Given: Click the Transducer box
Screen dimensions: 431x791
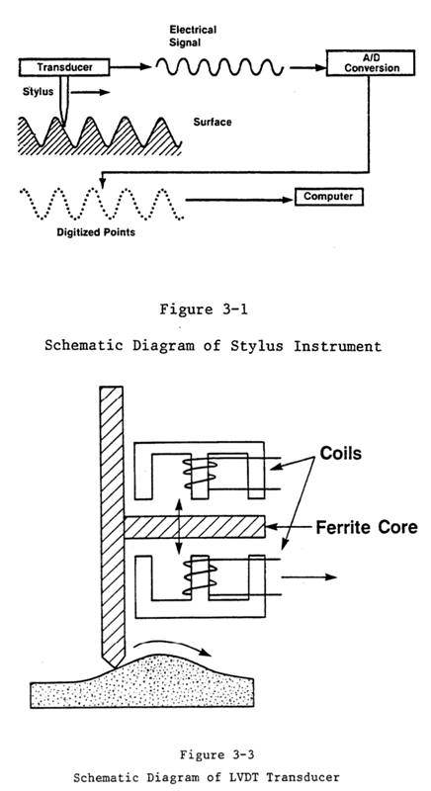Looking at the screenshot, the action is [64, 67].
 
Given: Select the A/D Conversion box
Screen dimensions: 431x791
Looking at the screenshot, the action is [371, 63].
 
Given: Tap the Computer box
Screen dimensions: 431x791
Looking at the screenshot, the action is [328, 197].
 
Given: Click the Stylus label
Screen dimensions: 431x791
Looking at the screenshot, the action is [38, 92].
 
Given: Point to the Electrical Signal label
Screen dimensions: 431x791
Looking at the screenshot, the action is [193, 37].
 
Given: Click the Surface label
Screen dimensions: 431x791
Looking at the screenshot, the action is [213, 122].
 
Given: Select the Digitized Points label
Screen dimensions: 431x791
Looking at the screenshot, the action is [96, 232].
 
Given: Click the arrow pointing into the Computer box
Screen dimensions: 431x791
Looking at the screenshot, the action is [239, 200].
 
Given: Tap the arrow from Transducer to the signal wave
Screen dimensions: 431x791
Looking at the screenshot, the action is [130, 66].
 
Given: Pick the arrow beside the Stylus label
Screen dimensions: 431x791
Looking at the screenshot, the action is [90, 92].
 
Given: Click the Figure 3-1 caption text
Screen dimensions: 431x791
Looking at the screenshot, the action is [204, 309].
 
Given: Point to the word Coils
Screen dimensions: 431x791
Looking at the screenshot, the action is [341, 453].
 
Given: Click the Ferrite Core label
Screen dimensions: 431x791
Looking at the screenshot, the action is [367, 527].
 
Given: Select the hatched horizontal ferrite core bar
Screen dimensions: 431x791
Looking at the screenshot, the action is [195, 527].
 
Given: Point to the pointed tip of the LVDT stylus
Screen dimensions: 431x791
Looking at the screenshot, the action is [115, 668].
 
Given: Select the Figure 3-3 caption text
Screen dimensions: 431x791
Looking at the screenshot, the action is [216, 755].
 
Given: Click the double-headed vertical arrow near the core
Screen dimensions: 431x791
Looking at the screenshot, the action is [178, 526].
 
